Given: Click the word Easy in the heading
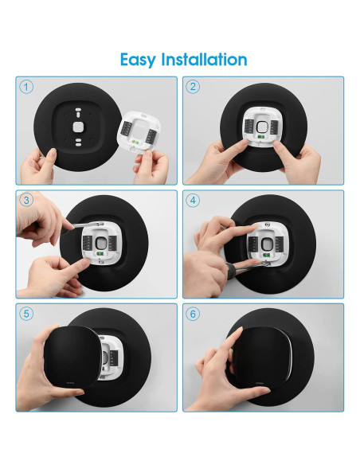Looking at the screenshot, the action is (x=138, y=61).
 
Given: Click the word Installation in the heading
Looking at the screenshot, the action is (x=204, y=59).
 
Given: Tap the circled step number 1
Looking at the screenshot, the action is (x=26, y=87).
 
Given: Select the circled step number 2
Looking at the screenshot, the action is (x=193, y=87).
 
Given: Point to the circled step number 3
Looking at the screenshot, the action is (x=26, y=200).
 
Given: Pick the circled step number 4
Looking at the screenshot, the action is (x=193, y=200).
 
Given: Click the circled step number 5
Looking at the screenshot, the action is (x=26, y=314).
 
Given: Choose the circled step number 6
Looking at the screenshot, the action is (x=193, y=314).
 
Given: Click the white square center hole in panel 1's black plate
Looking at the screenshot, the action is (x=78, y=127).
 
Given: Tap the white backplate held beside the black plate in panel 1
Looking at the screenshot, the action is (x=139, y=131).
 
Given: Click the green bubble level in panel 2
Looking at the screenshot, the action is (x=261, y=137).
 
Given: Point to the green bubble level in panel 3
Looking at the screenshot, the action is (x=100, y=253).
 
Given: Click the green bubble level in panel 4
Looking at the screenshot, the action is (x=266, y=255).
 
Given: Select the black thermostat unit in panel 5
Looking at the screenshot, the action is (x=71, y=356).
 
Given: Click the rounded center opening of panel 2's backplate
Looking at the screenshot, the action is (x=261, y=127).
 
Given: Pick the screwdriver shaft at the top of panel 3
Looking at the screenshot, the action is (x=86, y=225).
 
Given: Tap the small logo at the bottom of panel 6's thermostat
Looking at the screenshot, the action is (x=261, y=382).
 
